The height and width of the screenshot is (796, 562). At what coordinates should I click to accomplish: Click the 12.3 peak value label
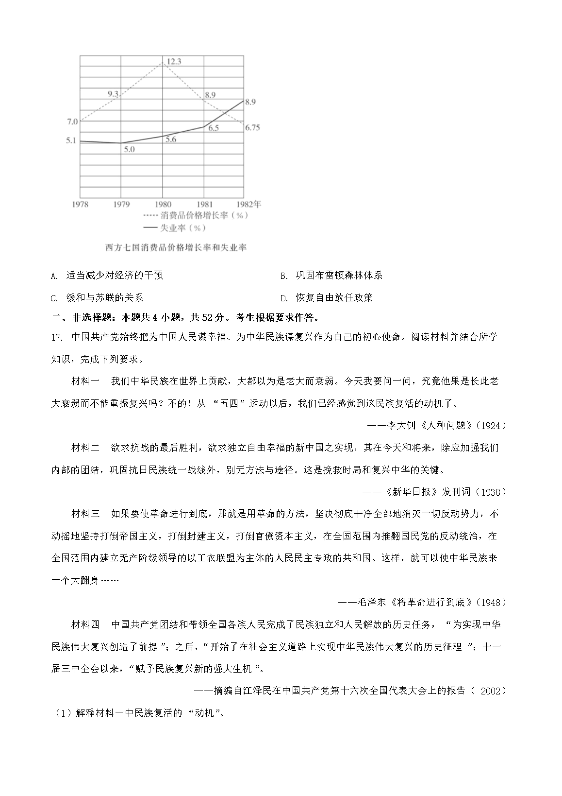[x=174, y=61]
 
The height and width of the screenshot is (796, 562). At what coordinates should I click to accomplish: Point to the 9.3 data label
[x=113, y=94]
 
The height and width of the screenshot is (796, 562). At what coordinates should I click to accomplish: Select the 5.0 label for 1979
[x=129, y=150]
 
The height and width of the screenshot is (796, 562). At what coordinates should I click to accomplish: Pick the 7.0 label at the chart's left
[x=72, y=121]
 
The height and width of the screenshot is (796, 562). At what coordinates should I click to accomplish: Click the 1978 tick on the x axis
[x=80, y=205]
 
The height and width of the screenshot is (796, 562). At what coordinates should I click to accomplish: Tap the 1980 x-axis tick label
[x=163, y=205]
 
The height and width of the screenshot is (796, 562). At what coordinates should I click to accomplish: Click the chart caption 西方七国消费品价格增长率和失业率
[x=176, y=248]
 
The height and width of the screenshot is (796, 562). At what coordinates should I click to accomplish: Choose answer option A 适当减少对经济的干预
[x=115, y=276]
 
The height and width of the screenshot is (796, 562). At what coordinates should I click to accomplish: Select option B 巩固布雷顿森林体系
[x=339, y=276]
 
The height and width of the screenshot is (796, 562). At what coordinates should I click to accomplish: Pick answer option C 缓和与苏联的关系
[x=104, y=298]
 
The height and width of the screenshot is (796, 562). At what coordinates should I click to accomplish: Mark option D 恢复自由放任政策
[x=334, y=298]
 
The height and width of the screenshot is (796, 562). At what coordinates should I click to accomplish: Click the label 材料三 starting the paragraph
[x=85, y=514]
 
